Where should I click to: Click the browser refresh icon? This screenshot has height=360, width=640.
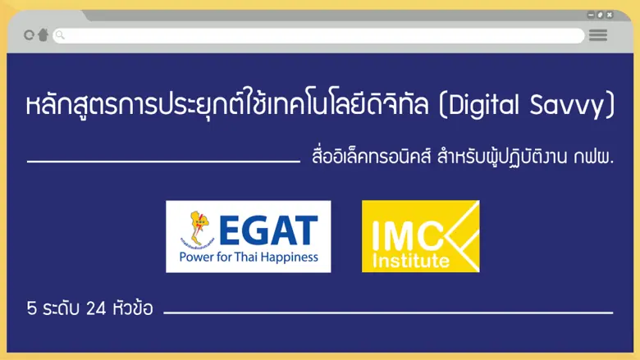30,35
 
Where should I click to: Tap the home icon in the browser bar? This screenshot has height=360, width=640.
43,35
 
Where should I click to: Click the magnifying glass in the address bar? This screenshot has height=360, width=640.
60,35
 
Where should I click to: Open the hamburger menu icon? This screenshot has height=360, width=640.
598,35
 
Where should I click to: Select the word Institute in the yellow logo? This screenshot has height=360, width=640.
409,262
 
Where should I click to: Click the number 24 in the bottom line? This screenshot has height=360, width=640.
96,310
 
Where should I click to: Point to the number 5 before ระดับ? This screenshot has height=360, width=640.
31,310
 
